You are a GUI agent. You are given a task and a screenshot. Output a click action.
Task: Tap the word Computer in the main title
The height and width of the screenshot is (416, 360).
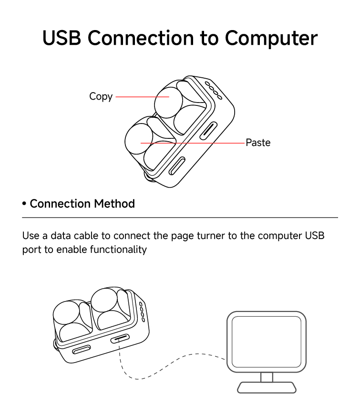[271, 38]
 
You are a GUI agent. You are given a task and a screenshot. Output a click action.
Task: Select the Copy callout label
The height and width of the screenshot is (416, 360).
[101, 96]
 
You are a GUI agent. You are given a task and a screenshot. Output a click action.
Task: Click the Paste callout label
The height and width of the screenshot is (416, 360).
[258, 143]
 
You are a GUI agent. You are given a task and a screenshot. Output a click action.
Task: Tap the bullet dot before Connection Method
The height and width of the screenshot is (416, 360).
[24, 204]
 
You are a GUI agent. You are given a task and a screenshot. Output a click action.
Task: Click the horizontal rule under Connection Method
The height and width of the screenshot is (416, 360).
[180, 218]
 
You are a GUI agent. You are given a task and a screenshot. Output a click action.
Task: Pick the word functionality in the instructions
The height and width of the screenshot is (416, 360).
[118, 250]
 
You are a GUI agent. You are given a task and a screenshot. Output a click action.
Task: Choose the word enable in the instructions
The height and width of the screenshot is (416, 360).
[72, 250]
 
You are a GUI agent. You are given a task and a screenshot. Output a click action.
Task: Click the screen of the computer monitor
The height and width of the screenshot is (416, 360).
[266, 341]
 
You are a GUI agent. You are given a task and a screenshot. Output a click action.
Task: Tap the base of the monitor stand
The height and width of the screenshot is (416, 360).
[267, 387]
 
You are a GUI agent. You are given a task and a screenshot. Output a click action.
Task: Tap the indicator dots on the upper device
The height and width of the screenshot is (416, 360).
[213, 91]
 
